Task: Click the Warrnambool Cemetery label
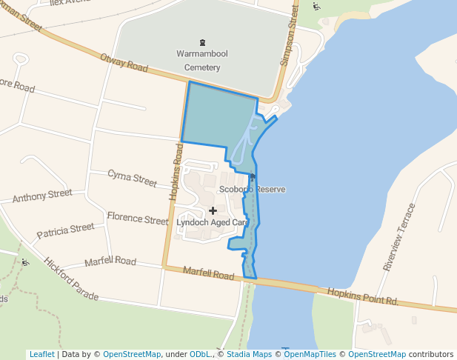199,61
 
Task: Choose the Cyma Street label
133,178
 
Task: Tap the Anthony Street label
42,196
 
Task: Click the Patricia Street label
66,230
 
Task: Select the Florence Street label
138,219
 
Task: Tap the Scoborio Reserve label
252,190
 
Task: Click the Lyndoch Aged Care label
213,222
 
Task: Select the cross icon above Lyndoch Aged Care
213,211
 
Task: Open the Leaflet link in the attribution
41,354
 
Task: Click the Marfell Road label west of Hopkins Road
110,261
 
